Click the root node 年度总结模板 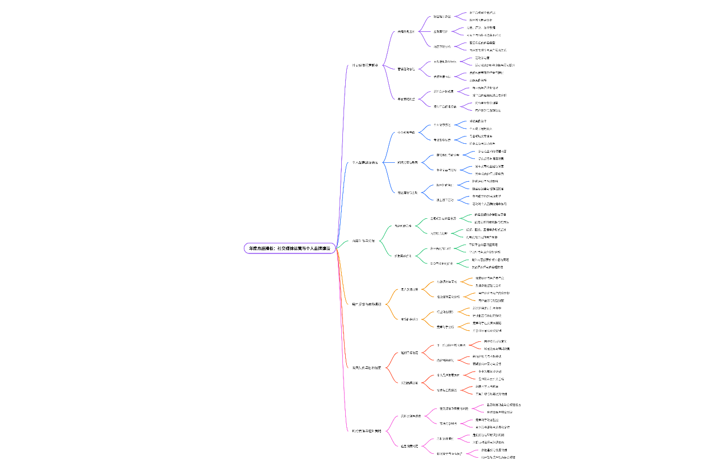tap(289, 248)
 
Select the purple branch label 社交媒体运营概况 tap(365, 65)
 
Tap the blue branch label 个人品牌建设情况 tap(365, 163)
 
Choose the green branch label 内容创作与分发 tap(363, 241)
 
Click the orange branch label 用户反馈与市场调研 tap(366, 304)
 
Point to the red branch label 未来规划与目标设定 tap(366, 368)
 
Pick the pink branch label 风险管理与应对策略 tap(366, 431)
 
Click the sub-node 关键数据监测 tap(406, 32)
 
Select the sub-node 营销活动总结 tap(406, 69)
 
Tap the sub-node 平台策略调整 tap(406, 99)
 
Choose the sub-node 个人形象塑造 tap(406, 133)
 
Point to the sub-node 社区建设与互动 tap(407, 192)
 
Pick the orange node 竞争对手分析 tap(445, 326)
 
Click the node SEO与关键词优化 tap(441, 263)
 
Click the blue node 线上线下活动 tap(445, 200)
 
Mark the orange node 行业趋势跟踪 tap(445, 312)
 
